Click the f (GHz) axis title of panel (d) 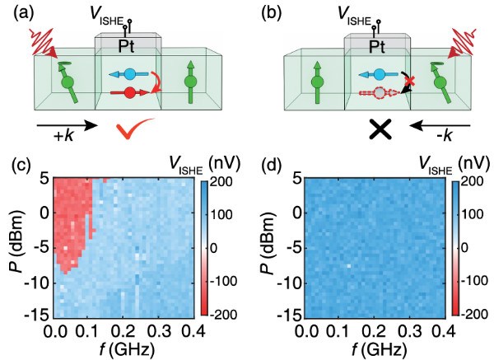tap(370, 349)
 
